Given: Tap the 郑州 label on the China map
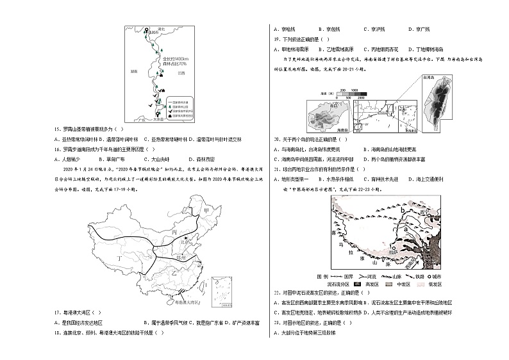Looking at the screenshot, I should pyautogui.click(x=181, y=256).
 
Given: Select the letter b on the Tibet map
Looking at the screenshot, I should pyautogui.click(x=402, y=209).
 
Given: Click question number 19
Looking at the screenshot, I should pyautogui.click(x=276, y=38).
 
